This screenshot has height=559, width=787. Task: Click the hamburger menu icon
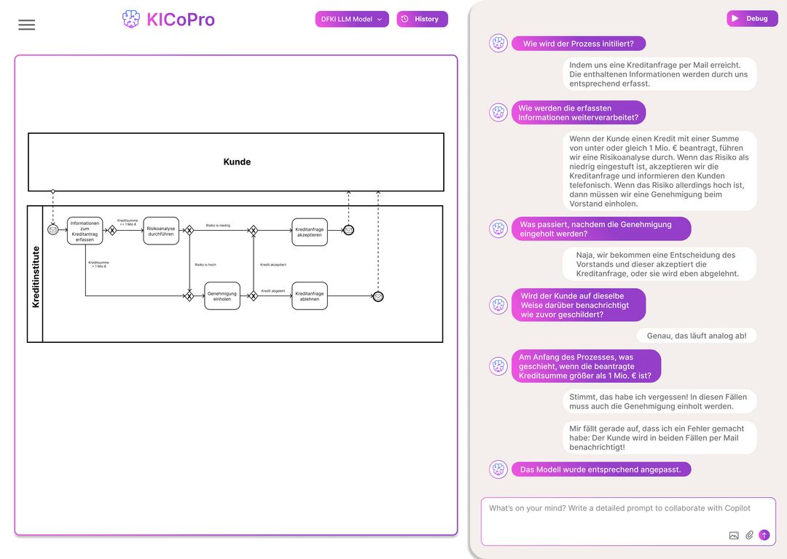tap(26, 25)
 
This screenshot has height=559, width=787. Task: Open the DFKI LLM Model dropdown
tap(352, 19)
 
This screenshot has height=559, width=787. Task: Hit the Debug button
tap(752, 19)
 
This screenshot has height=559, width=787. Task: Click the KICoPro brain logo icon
tap(130, 20)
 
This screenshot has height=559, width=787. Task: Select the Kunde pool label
tap(237, 162)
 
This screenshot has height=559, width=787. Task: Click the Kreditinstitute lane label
tap(36, 274)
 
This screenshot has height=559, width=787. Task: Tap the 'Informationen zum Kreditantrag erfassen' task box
tap(85, 231)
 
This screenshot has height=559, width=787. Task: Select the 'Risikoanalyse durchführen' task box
tap(161, 231)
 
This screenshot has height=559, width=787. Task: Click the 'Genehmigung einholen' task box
tap(222, 296)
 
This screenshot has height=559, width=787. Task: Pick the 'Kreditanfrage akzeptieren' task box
tap(310, 231)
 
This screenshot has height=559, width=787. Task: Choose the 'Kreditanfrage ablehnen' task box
tap(310, 296)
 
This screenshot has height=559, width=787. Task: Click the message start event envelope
tap(53, 230)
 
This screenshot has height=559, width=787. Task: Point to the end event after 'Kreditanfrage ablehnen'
tap(378, 296)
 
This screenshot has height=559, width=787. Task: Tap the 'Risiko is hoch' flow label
tap(205, 265)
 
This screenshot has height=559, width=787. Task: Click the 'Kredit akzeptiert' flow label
tap(273, 265)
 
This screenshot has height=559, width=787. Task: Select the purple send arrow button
tap(764, 535)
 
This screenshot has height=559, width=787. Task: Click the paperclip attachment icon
tap(749, 535)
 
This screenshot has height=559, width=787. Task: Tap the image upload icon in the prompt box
tap(734, 535)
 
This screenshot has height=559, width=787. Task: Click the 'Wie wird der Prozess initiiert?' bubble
tap(578, 44)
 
